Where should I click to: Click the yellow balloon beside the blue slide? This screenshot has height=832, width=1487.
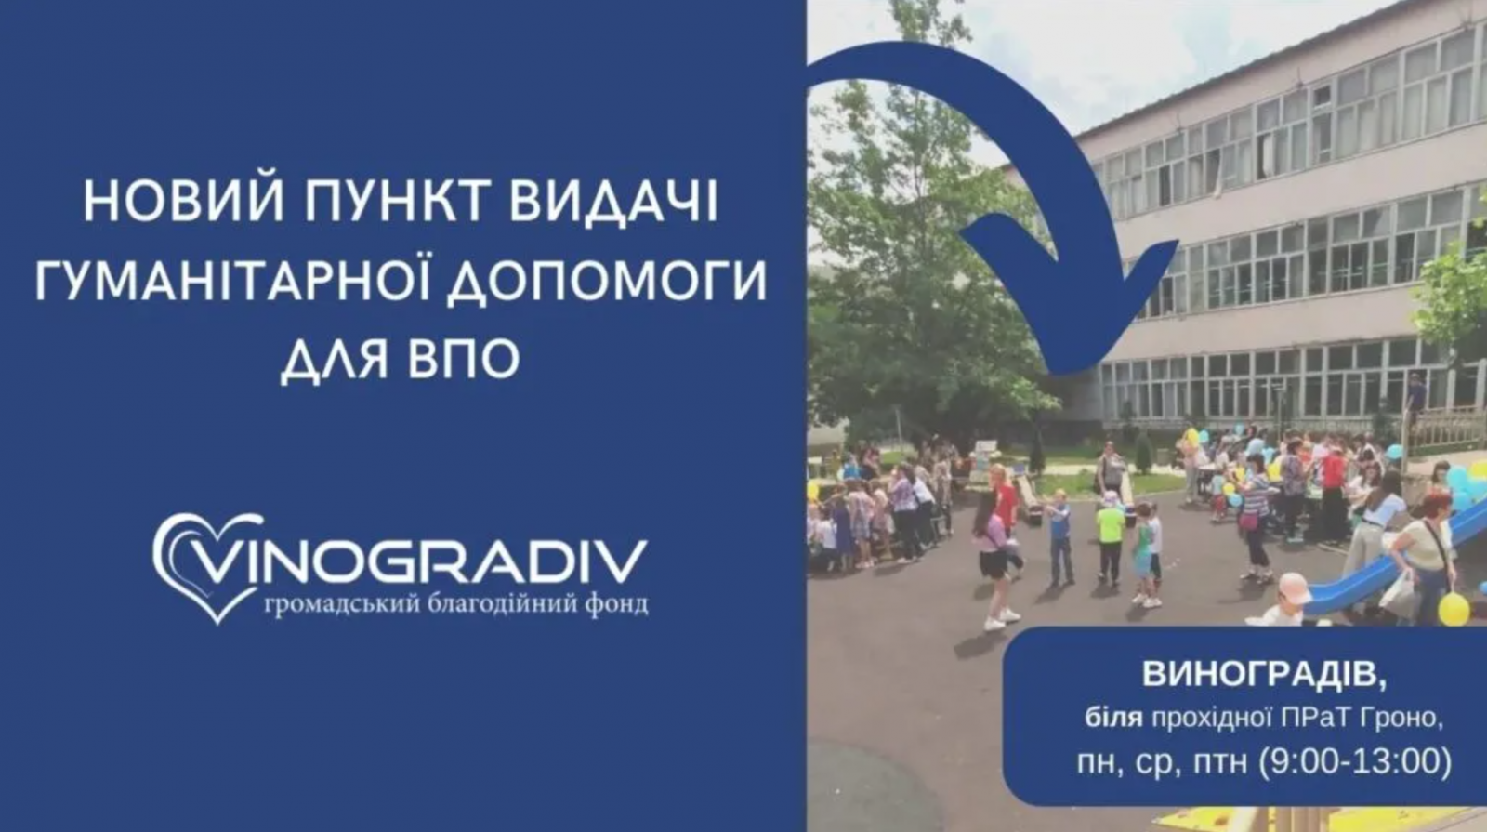[1454, 609]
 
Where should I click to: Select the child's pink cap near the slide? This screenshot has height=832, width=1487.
[1292, 588]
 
